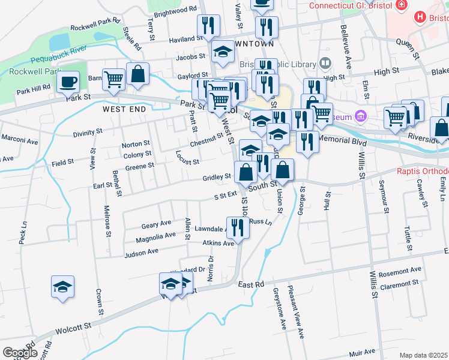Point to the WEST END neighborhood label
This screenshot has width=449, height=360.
pos(124,110)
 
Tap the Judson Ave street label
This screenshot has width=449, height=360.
pos(141,253)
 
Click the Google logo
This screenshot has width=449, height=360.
pos(19,353)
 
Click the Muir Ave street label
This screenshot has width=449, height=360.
pos(361,352)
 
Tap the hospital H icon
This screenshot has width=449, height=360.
pos(420,17)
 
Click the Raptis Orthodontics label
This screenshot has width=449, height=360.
pos(423,170)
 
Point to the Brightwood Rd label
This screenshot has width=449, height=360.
pos(175,11)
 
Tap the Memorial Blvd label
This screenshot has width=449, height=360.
pos(343,139)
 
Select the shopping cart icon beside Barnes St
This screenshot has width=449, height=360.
pos(113,79)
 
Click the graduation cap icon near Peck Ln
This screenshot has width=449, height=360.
pos(62,286)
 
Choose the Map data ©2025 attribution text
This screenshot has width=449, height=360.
pos(423,355)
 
